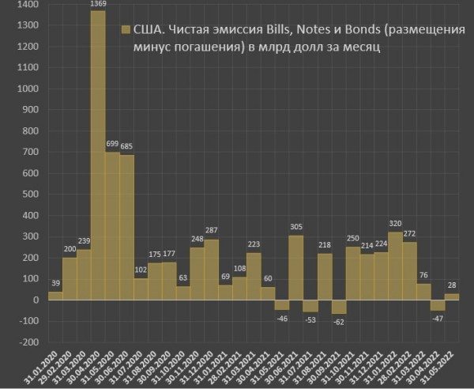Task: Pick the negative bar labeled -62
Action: (x=339, y=307)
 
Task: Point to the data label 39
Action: (x=55, y=284)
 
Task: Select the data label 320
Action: (x=396, y=225)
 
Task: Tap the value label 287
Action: (x=211, y=232)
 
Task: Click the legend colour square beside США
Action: (x=124, y=30)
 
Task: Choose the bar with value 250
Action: (x=353, y=273)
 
